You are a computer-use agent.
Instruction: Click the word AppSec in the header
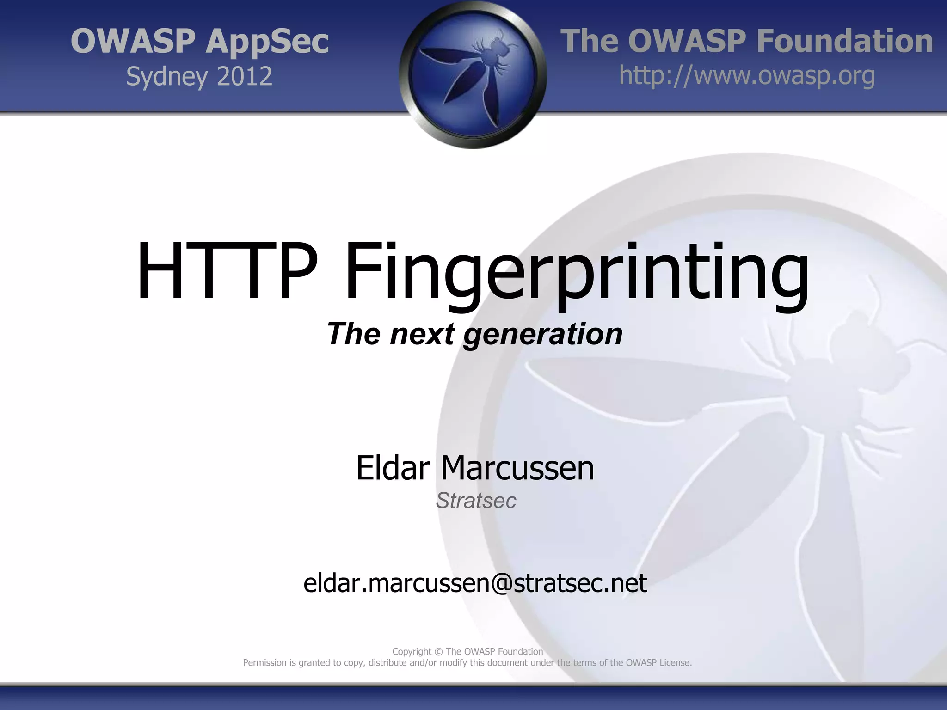[267, 42]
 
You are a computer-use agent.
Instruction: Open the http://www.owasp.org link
[747, 75]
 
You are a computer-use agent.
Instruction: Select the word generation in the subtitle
[543, 334]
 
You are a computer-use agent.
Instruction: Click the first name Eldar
[393, 468]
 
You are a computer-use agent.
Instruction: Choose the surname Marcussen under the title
[517, 468]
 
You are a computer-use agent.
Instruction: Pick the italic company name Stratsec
[476, 501]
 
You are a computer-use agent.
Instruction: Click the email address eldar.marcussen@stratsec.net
[475, 583]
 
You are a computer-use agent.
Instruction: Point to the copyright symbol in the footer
[438, 652]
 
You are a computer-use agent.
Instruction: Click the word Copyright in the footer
[412, 652]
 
